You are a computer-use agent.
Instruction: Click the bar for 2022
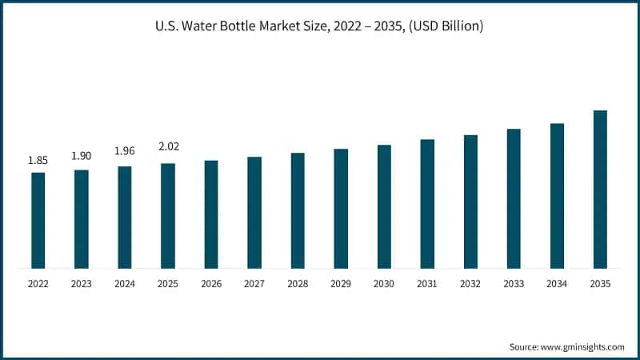(38, 221)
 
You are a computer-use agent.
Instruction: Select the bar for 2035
(600, 190)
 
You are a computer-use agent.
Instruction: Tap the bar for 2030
(384, 206)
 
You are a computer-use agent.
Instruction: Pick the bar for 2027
(254, 213)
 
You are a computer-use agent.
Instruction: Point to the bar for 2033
(514, 198)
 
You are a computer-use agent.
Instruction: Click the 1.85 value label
(38, 161)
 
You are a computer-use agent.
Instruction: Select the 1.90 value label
(82, 156)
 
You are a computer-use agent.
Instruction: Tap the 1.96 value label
(125, 151)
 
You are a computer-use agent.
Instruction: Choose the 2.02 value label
(169, 146)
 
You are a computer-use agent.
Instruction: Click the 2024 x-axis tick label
(125, 284)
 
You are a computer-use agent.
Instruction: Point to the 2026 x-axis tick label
(211, 284)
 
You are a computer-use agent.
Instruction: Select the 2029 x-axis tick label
(341, 284)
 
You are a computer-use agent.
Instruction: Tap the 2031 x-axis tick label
(427, 284)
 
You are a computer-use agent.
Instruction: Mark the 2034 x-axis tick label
(557, 284)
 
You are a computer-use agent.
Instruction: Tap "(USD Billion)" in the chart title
(446, 26)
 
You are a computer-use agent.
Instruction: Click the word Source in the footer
(524, 347)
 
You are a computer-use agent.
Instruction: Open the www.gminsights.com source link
(582, 347)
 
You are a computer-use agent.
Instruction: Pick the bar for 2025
(168, 216)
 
